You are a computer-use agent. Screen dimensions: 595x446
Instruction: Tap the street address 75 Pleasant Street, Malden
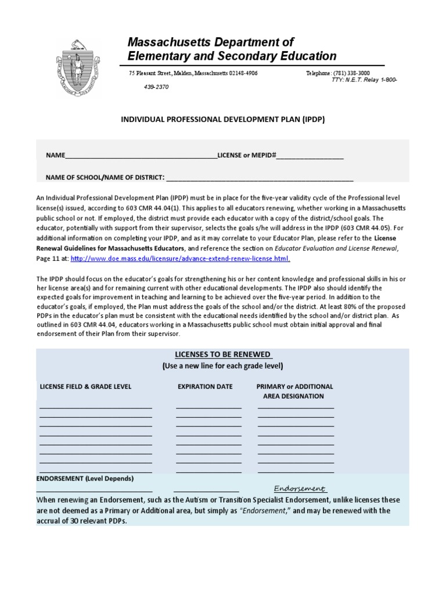tap(193, 73)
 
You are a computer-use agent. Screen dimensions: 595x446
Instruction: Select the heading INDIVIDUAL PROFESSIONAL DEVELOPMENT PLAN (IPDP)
tap(222, 119)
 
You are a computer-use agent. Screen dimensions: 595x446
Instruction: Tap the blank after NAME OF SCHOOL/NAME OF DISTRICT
tap(260, 177)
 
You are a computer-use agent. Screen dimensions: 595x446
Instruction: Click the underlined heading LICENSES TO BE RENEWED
tap(224, 355)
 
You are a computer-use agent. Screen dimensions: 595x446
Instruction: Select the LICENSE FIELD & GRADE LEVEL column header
tap(85, 386)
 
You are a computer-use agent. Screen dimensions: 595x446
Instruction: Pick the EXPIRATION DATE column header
tap(205, 386)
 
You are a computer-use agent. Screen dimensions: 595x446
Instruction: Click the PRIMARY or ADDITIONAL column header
tap(294, 386)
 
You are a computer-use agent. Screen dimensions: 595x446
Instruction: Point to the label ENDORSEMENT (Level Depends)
tap(85, 478)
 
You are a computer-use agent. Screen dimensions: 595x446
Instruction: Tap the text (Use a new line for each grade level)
tap(222, 366)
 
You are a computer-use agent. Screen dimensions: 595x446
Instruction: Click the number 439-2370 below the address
tap(157, 87)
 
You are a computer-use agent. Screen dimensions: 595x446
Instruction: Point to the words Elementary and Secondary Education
tap(232, 56)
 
